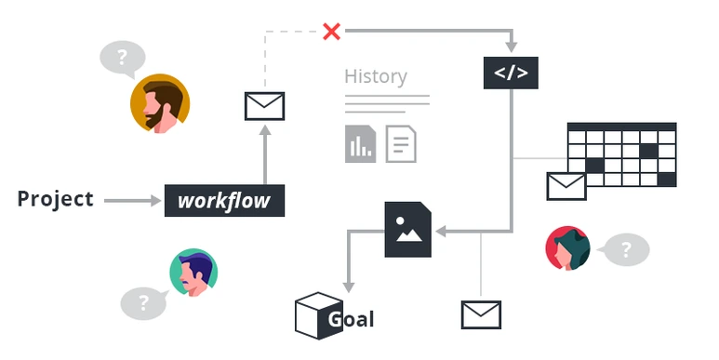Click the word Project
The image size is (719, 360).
[x=56, y=199]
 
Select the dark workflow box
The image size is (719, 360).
[x=225, y=200]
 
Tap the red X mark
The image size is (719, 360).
[x=331, y=32]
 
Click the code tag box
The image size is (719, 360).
[x=511, y=73]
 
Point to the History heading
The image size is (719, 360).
[x=376, y=76]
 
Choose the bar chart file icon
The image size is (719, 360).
[x=360, y=144]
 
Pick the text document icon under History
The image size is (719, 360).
[x=401, y=144]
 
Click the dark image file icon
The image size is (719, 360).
[x=408, y=229]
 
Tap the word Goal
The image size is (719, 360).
[x=352, y=319]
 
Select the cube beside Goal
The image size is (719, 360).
[x=319, y=315]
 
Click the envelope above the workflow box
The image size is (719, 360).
[x=264, y=106]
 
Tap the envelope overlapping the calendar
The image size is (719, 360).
[x=566, y=187]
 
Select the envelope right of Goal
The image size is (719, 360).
[x=481, y=314]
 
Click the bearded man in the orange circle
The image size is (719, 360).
[x=160, y=103]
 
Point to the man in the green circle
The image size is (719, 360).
[x=193, y=273]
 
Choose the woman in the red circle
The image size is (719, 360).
[x=567, y=248]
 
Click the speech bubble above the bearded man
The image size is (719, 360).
[x=123, y=59]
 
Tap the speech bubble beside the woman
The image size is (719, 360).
[x=625, y=249]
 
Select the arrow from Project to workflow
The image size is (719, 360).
[x=132, y=200]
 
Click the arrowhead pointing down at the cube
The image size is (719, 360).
[x=349, y=287]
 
